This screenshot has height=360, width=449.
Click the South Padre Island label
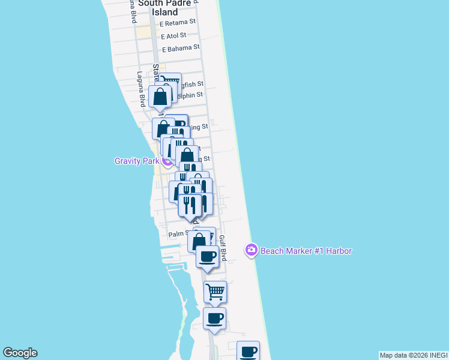click(x=158, y=7)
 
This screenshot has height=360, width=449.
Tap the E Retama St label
click(x=178, y=23)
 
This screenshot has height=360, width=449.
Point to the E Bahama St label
click(x=180, y=47)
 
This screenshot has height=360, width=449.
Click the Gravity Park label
click(x=137, y=161)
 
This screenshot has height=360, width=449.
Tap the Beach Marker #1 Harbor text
click(x=306, y=251)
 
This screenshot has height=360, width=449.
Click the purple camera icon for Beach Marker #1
click(x=252, y=250)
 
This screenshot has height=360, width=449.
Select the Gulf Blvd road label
click(x=223, y=247)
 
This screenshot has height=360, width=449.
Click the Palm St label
click(x=179, y=234)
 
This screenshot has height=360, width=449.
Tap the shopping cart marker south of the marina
click(x=215, y=292)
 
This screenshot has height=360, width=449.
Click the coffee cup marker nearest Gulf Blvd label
click(x=208, y=256)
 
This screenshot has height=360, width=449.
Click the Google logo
click(x=20, y=353)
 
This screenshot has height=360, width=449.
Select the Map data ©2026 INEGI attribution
click(x=413, y=355)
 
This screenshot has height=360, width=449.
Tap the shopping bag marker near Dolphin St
click(x=160, y=96)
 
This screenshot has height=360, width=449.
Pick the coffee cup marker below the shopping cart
click(x=214, y=318)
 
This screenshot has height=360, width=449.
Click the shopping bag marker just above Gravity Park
click(x=187, y=156)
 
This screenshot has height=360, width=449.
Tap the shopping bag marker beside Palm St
click(x=199, y=242)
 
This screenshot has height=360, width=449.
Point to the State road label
click(x=156, y=72)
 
